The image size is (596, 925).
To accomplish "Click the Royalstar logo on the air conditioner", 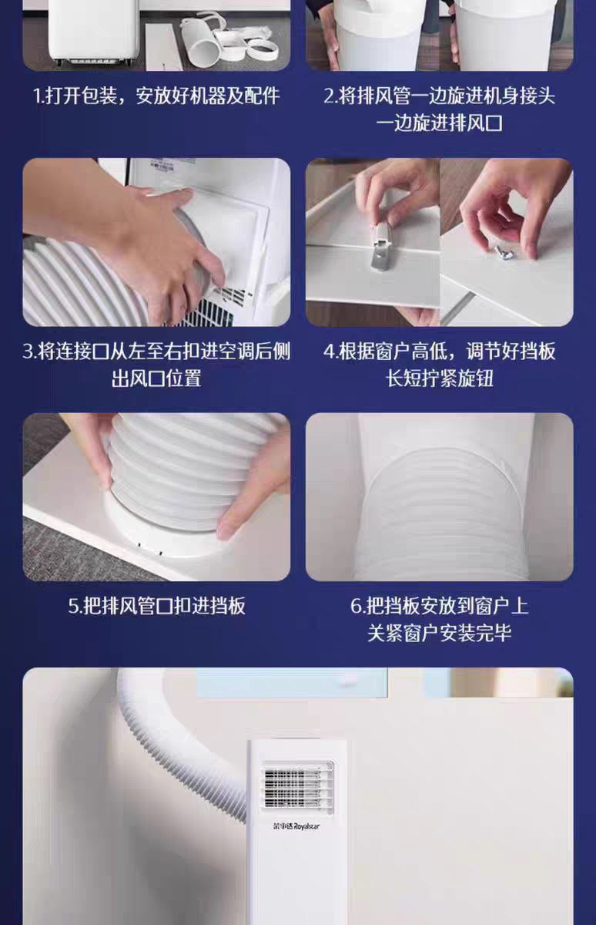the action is coord(296,826).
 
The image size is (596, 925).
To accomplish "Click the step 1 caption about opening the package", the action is coord(156,96).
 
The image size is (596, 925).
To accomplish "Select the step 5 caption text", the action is coord(156,606).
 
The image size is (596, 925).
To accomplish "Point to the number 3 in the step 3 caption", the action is coord(28,351).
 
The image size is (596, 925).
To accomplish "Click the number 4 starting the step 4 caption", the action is coord(329,351).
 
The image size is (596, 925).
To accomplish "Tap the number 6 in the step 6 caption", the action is coord(356,606).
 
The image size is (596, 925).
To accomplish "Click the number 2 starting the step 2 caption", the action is coord(329,96).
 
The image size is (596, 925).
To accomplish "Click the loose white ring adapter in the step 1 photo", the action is coord(263,49).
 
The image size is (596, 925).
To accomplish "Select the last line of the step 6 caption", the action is coord(439,633).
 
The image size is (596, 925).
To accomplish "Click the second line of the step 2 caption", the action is coord(439,123).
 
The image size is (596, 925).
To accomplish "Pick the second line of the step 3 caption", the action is coord(156,378).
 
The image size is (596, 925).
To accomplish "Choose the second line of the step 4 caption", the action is coord(439,378).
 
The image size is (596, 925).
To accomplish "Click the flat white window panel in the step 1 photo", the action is coord(163,46).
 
